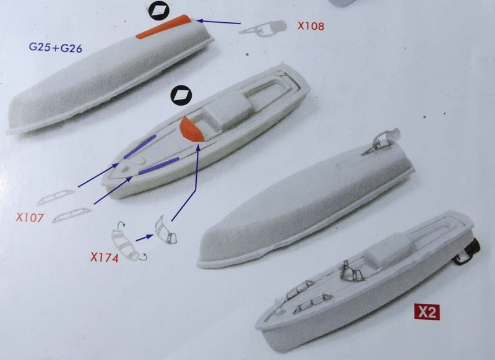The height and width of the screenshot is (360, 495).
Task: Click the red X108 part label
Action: [311, 26]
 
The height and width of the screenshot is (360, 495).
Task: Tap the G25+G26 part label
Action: [55, 48]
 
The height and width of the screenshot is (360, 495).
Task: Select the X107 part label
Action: [30, 217]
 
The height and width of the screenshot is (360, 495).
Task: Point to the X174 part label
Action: [105, 257]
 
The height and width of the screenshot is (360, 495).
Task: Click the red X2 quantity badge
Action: [427, 312]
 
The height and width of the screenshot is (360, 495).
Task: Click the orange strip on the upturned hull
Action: [163, 27]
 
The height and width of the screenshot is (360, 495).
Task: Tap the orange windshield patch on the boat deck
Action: [191, 129]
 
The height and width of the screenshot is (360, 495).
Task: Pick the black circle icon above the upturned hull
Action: [159, 11]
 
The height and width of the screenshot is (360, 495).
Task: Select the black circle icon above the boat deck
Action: [181, 95]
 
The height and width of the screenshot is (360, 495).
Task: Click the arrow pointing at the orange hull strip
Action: [218, 22]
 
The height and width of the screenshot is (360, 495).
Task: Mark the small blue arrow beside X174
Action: [145, 238]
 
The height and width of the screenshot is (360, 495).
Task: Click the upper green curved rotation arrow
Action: [121, 225]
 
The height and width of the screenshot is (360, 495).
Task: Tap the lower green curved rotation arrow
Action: [144, 257]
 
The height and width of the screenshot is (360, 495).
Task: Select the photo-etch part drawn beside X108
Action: [263, 28]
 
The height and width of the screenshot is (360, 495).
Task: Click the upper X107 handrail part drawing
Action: [56, 197]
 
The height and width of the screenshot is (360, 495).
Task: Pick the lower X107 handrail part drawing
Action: [72, 215]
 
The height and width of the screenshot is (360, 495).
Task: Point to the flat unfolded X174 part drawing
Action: [125, 245]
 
